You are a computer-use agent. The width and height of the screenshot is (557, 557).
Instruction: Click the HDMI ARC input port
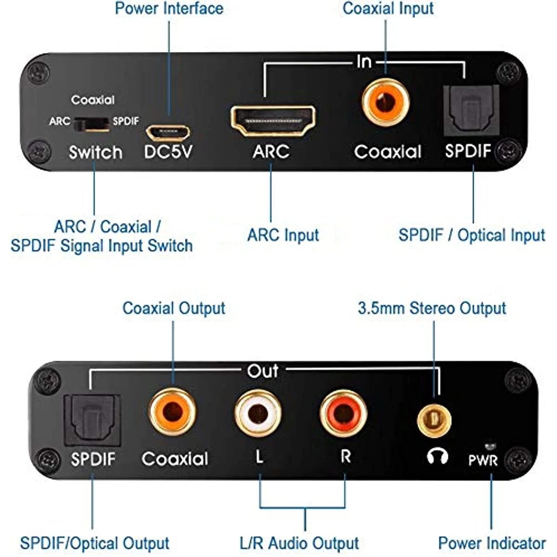coord(273,121)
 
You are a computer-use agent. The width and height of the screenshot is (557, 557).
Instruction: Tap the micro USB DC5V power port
coord(168,132)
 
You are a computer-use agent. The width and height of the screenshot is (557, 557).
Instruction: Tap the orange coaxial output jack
coord(173,412)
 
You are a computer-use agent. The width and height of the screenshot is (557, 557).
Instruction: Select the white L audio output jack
coord(258,413)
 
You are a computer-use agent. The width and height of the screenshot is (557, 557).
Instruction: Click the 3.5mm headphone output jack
coord(434,420)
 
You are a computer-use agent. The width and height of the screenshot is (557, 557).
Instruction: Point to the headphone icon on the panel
coord(437,457)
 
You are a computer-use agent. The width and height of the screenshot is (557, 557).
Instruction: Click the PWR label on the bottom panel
coord(483,460)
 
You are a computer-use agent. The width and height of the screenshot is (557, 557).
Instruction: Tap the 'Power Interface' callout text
coord(169,8)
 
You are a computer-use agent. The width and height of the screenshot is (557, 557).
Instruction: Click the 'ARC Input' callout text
coord(283,235)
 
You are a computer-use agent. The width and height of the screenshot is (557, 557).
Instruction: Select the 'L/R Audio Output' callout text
coord(299,543)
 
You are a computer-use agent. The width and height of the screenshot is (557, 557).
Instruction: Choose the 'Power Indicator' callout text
coord(492,543)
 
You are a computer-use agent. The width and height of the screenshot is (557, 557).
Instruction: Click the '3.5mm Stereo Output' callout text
coord(432,308)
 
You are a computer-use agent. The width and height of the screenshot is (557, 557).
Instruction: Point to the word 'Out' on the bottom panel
coord(263,371)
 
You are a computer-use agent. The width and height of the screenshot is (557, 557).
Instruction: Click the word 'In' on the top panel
coord(364,61)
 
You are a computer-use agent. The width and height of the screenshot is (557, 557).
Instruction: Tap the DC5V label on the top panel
coord(168,152)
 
